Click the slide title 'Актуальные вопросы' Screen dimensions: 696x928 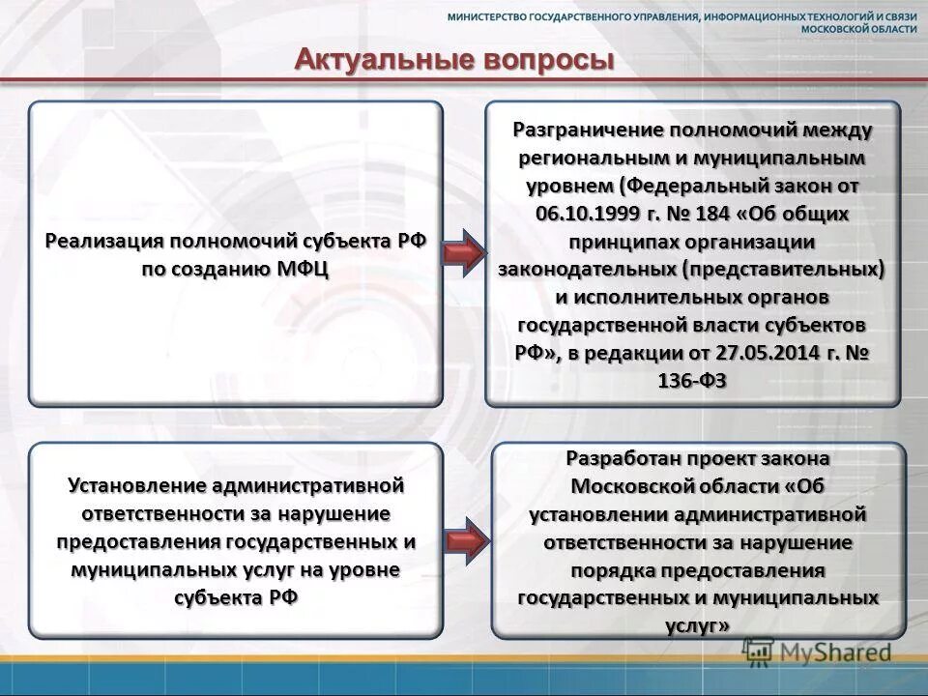coord(454,60)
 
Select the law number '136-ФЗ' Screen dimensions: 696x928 coord(691,381)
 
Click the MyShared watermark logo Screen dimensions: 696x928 coord(822,653)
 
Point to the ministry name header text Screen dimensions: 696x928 coord(681,22)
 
